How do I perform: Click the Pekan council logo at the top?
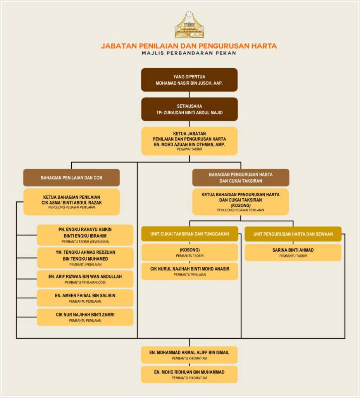(189, 26)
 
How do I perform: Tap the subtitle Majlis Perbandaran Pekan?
(189, 54)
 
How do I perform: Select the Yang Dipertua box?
(189, 80)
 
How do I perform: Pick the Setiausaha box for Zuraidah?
(189, 109)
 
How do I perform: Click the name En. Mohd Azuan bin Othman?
(189, 144)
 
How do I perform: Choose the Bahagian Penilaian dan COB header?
(71, 178)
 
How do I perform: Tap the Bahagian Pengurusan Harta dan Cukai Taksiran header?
(241, 178)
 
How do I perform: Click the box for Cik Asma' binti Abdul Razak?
(71, 202)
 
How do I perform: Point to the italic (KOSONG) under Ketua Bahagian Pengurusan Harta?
(241, 205)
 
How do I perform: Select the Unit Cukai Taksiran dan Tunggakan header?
(189, 234)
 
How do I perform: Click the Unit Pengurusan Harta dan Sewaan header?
(293, 234)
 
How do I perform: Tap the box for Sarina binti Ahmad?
(293, 252)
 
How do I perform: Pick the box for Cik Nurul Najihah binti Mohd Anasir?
(189, 271)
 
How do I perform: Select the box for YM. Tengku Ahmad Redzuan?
(85, 258)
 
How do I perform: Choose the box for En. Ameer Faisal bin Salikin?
(85, 298)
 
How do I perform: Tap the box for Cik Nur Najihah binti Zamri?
(85, 317)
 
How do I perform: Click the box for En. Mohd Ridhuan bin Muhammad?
(189, 374)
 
